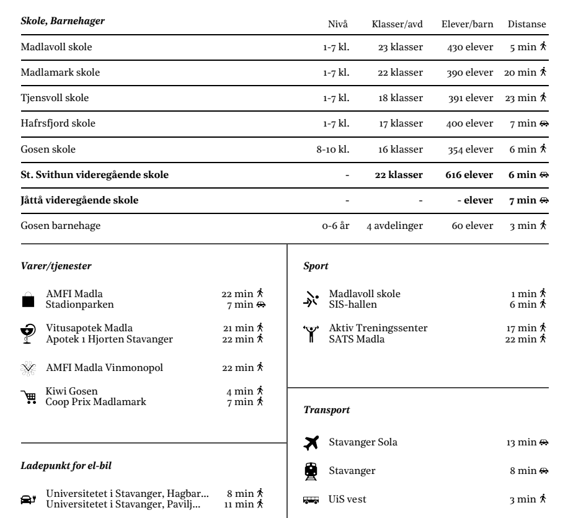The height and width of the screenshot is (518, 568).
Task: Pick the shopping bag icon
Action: click(28, 300)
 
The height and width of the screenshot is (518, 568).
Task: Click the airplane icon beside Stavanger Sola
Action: click(311, 442)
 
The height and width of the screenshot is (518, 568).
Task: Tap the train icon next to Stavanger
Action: click(311, 471)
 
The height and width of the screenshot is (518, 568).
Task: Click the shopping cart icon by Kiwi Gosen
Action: click(28, 396)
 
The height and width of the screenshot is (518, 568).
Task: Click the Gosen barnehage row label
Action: click(52, 226)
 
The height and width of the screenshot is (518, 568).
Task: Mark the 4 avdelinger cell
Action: click(394, 226)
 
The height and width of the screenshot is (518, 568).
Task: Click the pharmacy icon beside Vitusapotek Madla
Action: click(28, 333)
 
